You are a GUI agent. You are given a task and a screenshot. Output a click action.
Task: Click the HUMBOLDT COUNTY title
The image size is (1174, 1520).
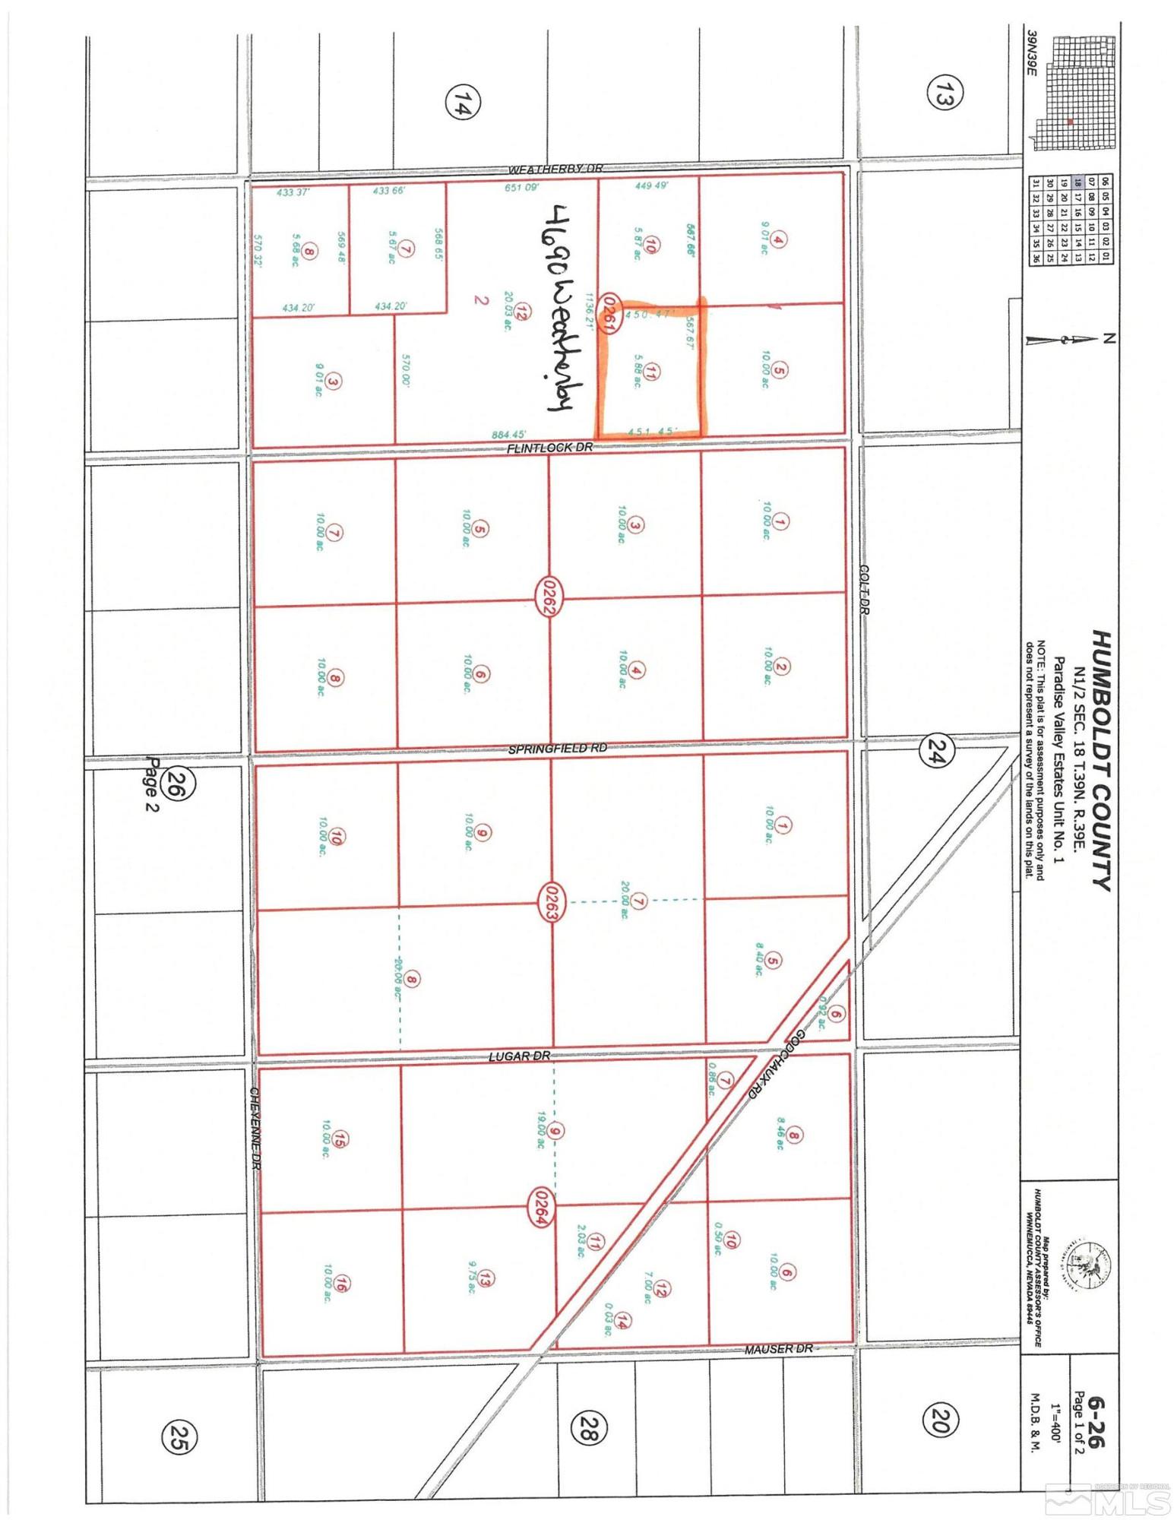(x=1100, y=759)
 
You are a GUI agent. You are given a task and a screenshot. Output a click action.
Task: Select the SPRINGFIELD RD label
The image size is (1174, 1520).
(x=558, y=749)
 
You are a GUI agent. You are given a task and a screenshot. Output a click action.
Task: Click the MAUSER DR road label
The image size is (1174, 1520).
(x=778, y=1348)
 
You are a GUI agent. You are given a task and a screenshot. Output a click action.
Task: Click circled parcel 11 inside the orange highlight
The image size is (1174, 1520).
(x=653, y=372)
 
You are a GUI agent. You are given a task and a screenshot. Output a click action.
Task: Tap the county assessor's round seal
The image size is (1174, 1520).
(x=1087, y=1262)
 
